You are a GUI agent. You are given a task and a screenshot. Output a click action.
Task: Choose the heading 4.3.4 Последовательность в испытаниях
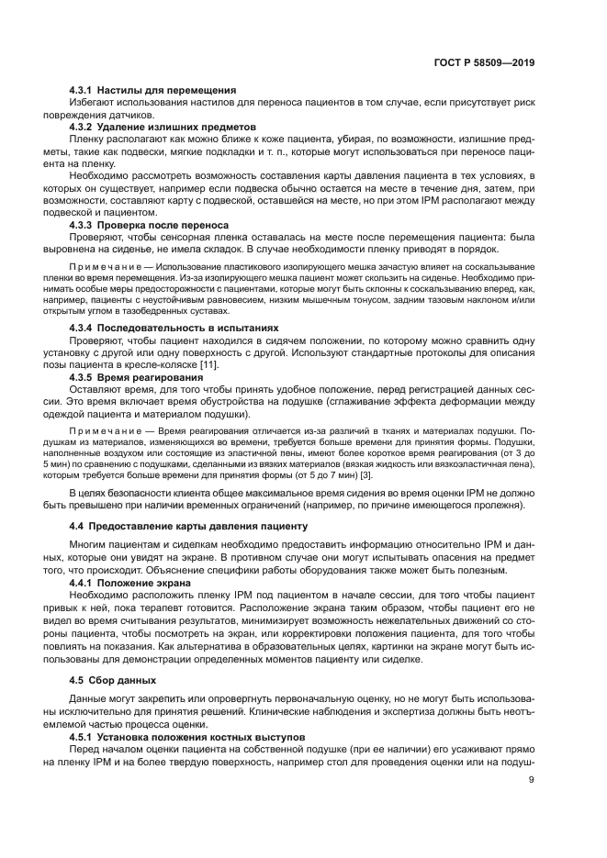(174, 328)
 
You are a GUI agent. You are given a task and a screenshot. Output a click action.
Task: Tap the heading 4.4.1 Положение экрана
(130, 582)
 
